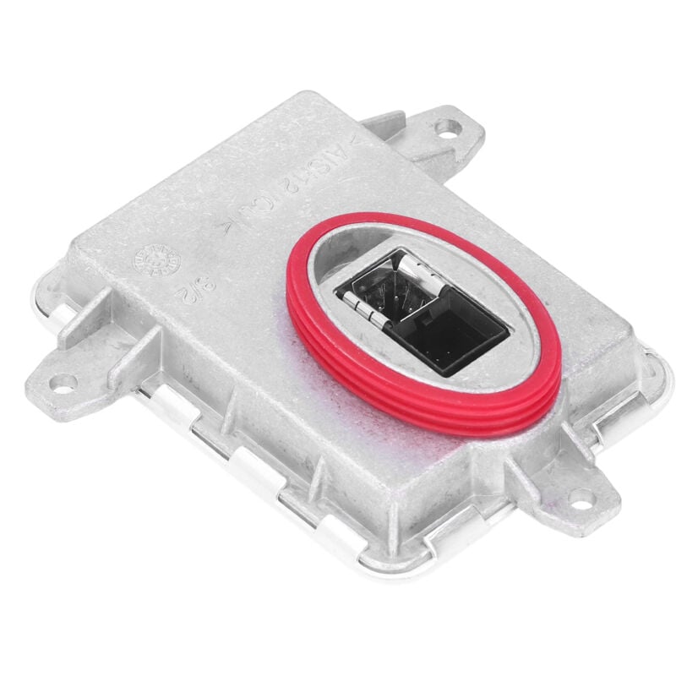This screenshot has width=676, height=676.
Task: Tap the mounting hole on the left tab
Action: point(62,382)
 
